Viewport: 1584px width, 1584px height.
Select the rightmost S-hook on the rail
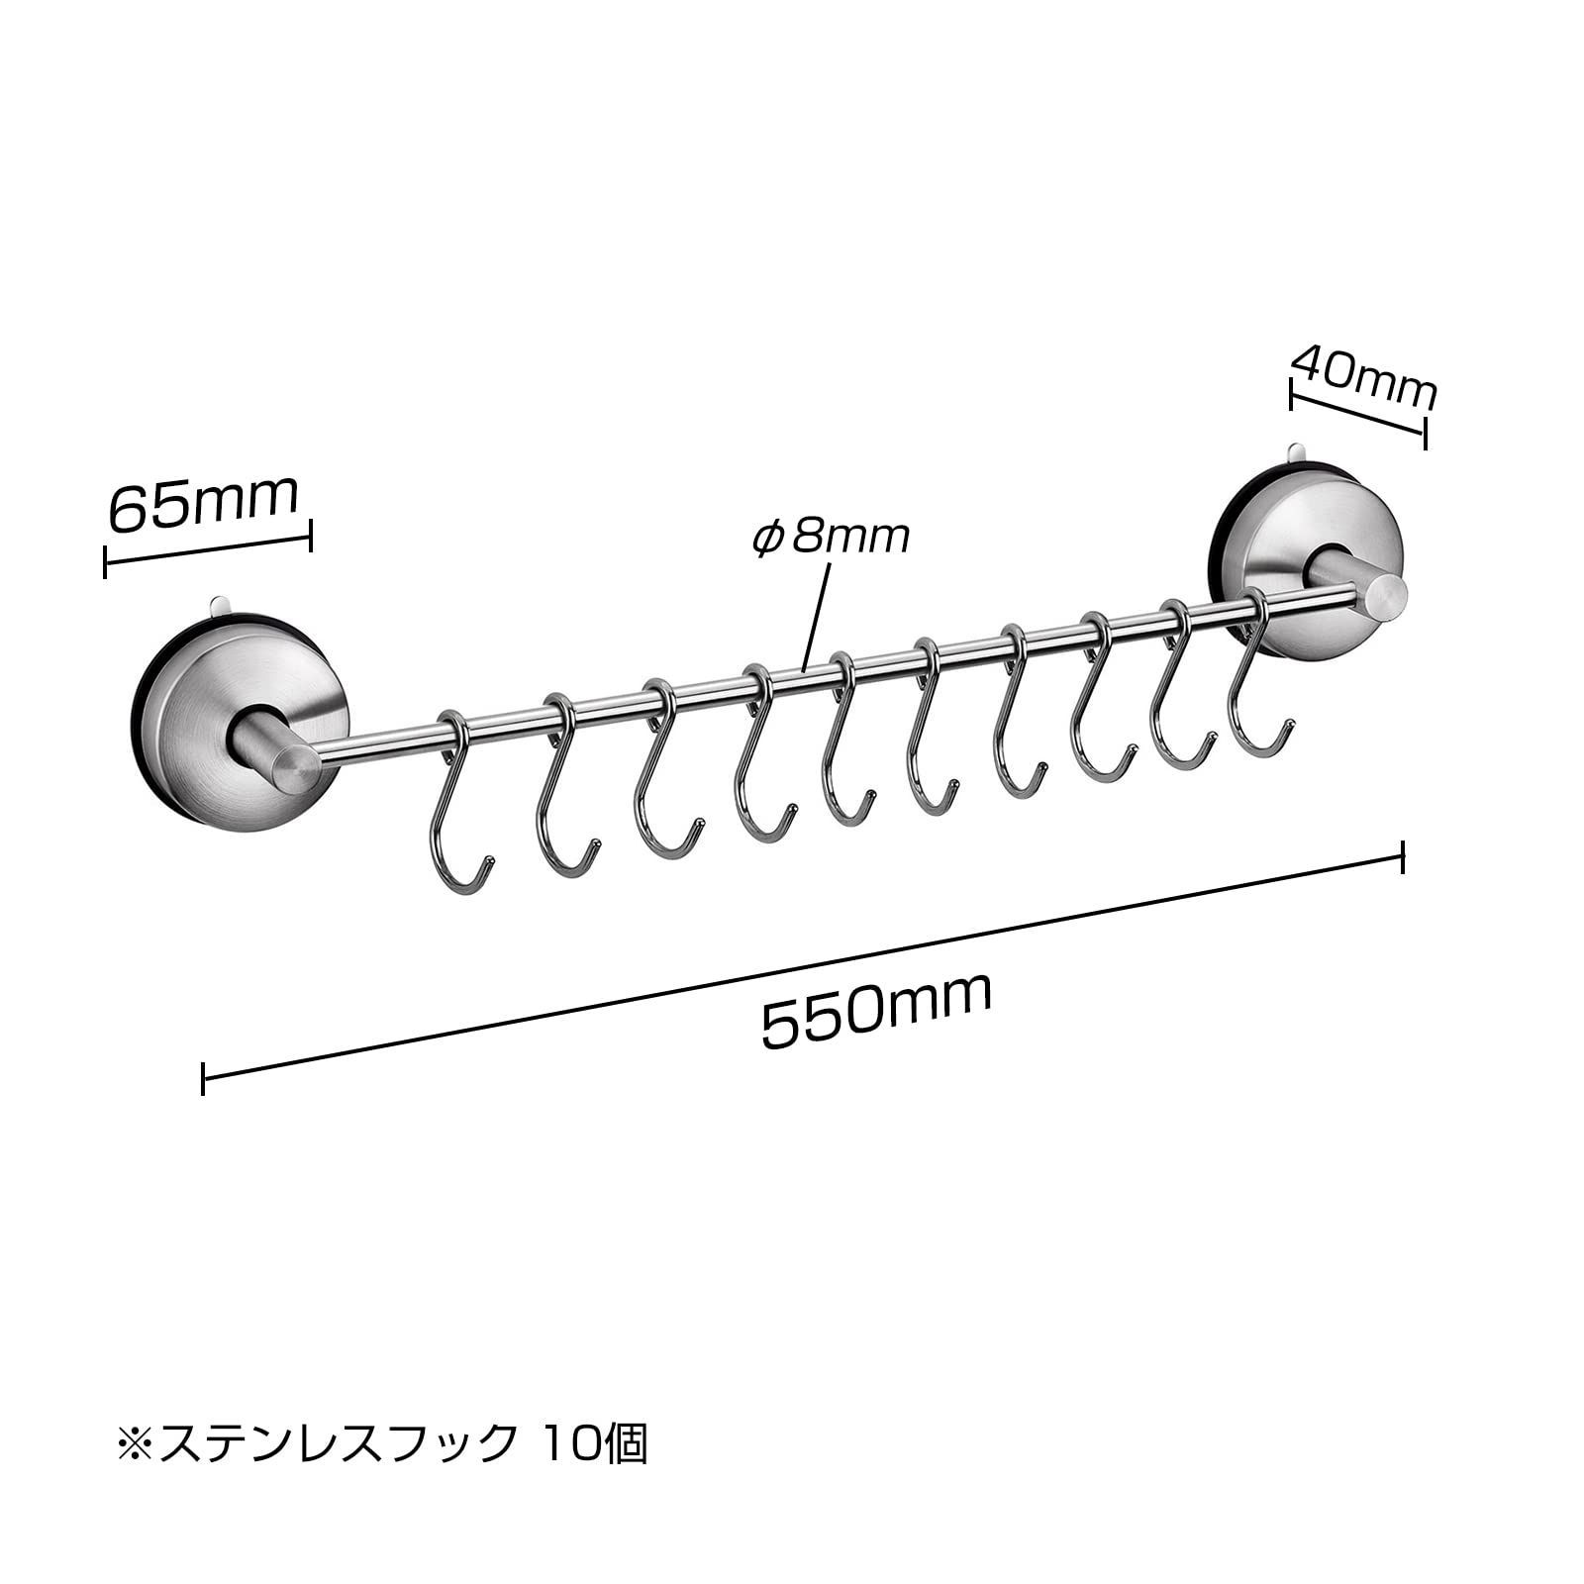[x=1257, y=673]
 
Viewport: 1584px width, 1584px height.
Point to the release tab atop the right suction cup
[x=1298, y=453]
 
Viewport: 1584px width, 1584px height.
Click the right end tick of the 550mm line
[x=1403, y=857]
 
